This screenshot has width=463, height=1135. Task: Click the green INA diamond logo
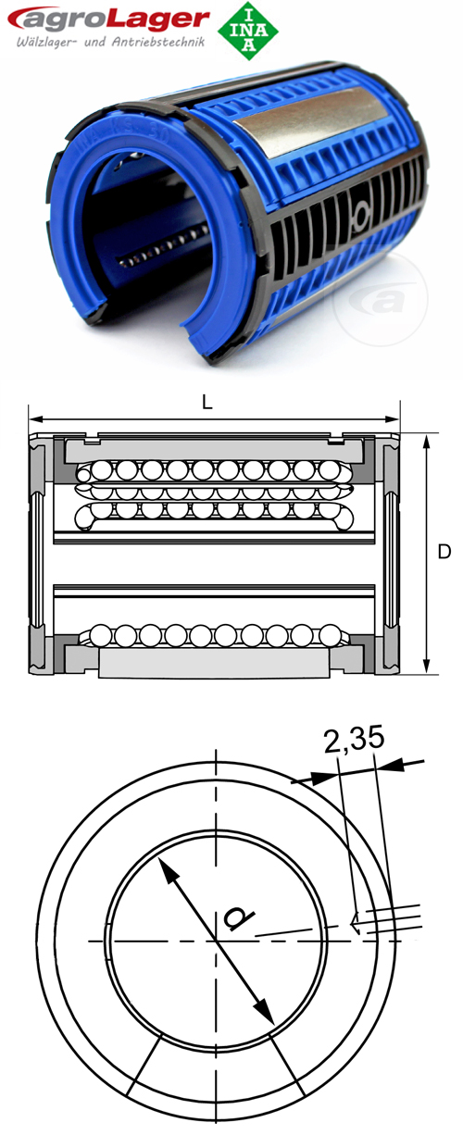click(247, 31)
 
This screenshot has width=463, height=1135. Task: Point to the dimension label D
click(444, 553)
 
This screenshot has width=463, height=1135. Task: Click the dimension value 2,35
click(354, 740)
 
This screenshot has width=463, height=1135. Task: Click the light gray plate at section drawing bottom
click(213, 663)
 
